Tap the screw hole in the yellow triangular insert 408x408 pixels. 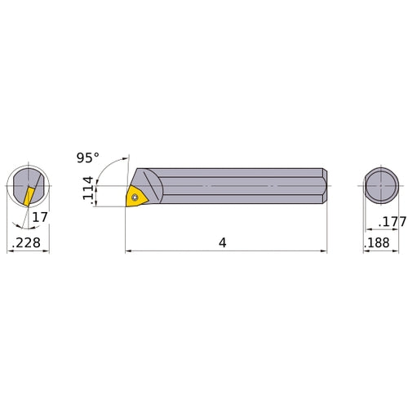click(x=134, y=194)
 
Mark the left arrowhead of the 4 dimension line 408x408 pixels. click(x=128, y=251)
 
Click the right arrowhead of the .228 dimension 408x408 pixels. click(x=47, y=251)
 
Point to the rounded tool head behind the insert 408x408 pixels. click(x=156, y=186)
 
